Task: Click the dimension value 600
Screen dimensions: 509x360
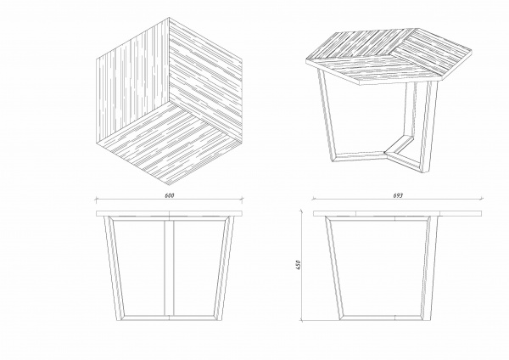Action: [170, 195]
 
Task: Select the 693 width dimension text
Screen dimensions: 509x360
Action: [398, 195]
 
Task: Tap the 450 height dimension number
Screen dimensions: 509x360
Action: [299, 265]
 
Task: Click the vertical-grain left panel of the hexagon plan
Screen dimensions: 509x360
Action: [132, 82]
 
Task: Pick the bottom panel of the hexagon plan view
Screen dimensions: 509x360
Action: [169, 143]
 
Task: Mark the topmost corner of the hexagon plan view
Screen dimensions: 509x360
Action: [169, 18]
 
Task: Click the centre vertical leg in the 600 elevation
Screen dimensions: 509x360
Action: [169, 268]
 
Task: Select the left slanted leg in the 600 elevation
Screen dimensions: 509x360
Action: [115, 268]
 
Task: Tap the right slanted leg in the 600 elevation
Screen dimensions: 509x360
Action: [224, 268]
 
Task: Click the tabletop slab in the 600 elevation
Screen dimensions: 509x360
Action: [169, 213]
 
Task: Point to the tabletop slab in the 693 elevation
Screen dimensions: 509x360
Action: [397, 213]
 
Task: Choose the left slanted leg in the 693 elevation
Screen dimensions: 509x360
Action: [334, 268]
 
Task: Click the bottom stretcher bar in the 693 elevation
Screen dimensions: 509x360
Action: [382, 318]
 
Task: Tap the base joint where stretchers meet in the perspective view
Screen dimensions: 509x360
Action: [385, 153]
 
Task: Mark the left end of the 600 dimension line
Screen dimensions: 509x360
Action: [96, 199]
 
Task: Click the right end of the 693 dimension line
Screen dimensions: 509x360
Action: [482, 198]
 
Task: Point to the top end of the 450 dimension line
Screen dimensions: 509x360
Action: [301, 211]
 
